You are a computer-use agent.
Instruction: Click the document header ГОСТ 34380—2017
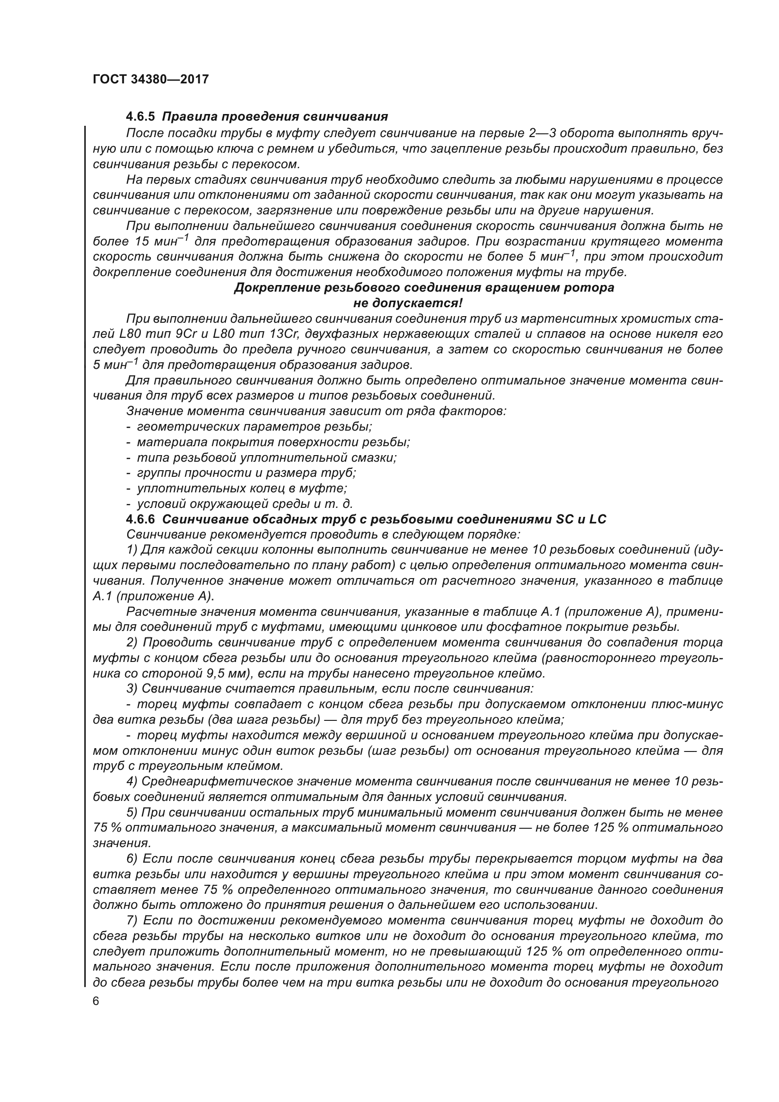(151, 80)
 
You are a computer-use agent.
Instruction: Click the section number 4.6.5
(141, 117)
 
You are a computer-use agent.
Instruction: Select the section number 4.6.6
(141, 519)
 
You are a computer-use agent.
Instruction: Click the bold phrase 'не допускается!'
(408, 303)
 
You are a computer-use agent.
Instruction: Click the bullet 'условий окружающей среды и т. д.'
(244, 504)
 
